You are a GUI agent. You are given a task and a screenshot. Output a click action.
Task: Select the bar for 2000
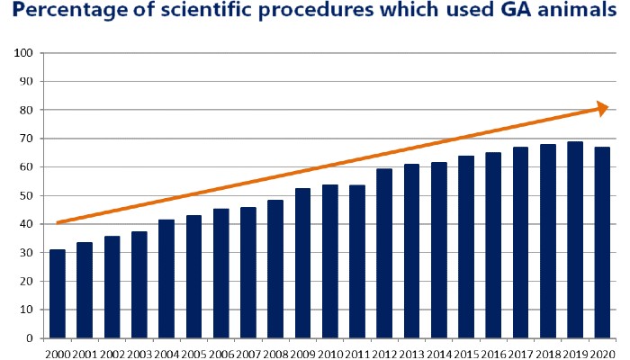(x=58, y=293)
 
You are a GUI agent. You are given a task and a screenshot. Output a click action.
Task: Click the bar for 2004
(x=166, y=279)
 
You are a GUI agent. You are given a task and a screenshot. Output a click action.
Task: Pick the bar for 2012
(x=385, y=253)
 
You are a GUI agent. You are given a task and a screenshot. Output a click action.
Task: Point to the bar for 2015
(x=467, y=247)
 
